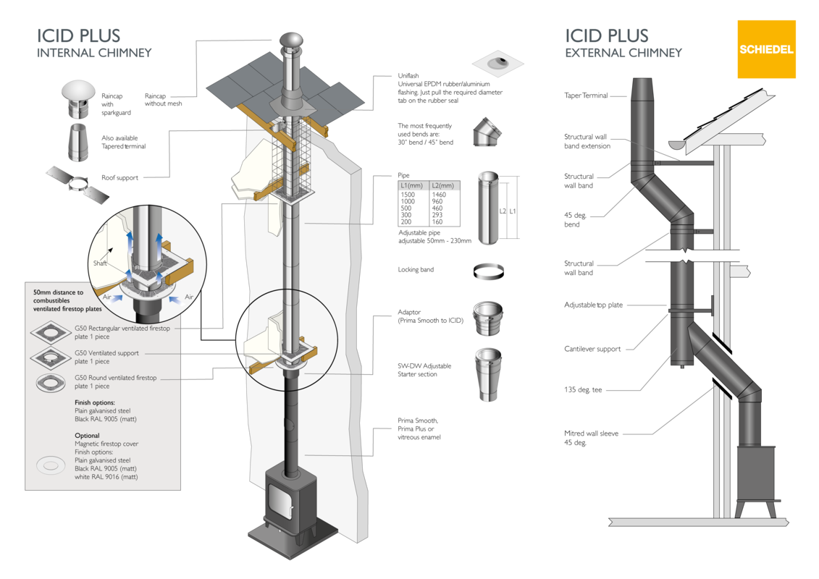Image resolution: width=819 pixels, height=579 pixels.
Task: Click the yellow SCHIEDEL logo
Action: coord(766,49)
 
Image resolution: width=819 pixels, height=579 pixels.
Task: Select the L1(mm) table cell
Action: coord(413,186)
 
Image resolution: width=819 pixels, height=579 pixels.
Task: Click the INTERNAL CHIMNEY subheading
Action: coord(94,53)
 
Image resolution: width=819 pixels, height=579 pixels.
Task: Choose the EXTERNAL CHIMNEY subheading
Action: coord(623,53)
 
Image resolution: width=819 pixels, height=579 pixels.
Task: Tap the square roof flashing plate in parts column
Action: coord(497,64)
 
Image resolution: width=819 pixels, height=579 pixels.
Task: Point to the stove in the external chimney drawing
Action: coord(756,478)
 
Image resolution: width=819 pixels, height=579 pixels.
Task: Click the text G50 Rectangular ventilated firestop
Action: coord(122,328)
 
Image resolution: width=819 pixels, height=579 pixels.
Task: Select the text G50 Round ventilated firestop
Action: coord(116,378)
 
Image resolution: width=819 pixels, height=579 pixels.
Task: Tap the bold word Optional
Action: coord(87,436)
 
